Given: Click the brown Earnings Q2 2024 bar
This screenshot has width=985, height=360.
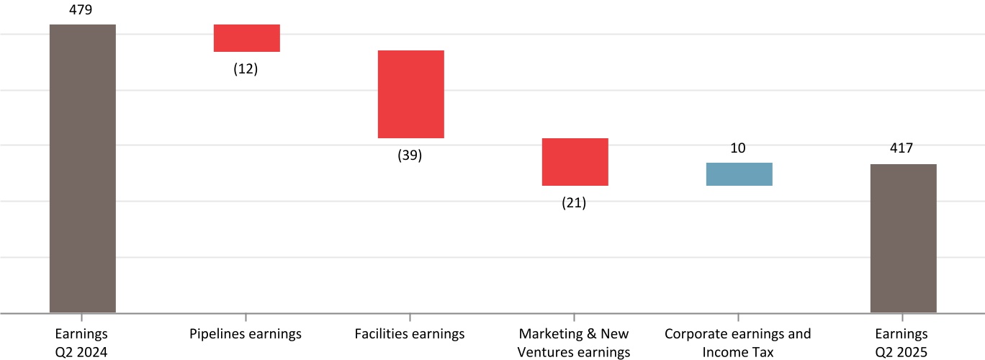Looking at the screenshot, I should pyautogui.click(x=82, y=168).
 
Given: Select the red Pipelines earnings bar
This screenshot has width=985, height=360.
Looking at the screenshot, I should pyautogui.click(x=246, y=38).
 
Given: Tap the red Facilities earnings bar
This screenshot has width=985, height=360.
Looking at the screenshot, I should pyautogui.click(x=410, y=94).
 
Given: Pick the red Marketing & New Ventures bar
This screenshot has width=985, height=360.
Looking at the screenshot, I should pyautogui.click(x=575, y=162).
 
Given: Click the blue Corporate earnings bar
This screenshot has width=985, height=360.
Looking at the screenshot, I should pyautogui.click(x=739, y=174).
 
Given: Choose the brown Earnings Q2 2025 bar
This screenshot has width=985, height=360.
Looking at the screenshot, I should pyautogui.click(x=903, y=238).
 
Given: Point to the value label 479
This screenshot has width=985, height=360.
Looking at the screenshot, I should pyautogui.click(x=82, y=9).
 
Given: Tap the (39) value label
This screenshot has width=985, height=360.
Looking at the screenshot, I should pyautogui.click(x=410, y=156).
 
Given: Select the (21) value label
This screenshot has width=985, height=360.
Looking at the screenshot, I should pyautogui.click(x=574, y=203).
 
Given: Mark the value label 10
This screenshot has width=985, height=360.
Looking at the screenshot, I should pyautogui.click(x=738, y=148).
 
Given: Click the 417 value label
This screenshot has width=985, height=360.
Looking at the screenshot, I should pyautogui.click(x=901, y=148).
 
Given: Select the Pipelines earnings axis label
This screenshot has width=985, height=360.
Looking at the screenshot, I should pyautogui.click(x=246, y=334).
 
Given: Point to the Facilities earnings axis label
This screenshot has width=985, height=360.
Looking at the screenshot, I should pyautogui.click(x=410, y=334).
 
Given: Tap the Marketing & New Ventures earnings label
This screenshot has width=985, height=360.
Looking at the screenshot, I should pyautogui.click(x=574, y=343).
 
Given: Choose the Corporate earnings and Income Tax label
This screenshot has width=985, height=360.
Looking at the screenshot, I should pyautogui.click(x=738, y=343).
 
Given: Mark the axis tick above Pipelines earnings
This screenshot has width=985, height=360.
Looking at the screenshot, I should pyautogui.click(x=246, y=318).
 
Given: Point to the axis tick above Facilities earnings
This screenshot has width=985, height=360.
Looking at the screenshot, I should pyautogui.click(x=410, y=318).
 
